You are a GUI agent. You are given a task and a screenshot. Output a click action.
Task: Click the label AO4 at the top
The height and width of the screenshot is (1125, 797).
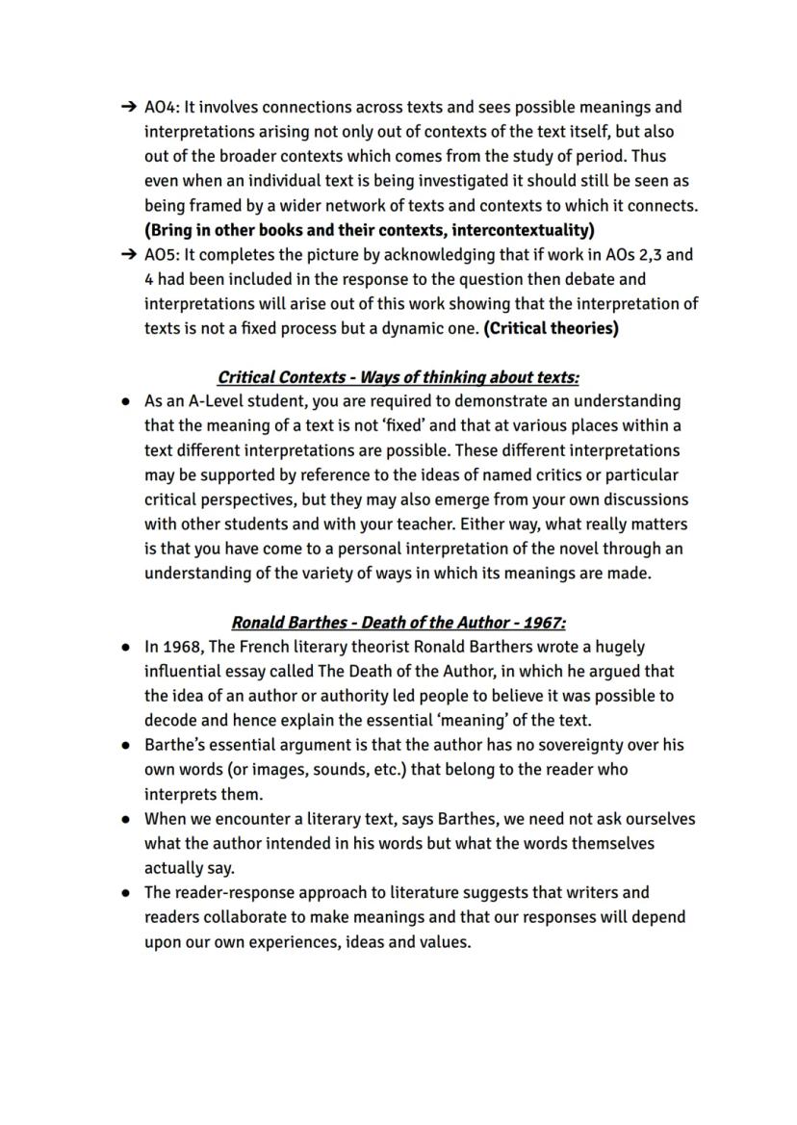tap(161, 107)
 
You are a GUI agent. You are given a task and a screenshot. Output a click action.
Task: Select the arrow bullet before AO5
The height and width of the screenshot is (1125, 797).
tap(127, 255)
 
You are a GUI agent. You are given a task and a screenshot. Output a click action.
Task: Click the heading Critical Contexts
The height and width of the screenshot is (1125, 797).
tap(281, 377)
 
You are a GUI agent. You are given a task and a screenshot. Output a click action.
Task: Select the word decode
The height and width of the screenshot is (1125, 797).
tap(169, 720)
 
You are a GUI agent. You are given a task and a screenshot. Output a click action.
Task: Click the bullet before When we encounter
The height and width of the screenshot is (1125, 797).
tap(127, 820)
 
